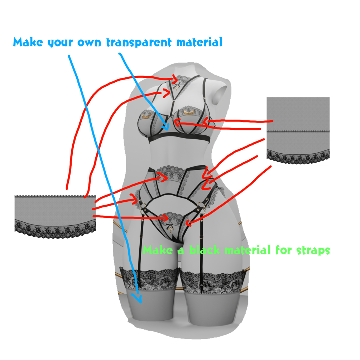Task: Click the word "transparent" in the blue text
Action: [139, 42]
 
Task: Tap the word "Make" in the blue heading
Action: [28, 42]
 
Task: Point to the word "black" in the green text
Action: [204, 250]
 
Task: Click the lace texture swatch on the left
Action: [55, 216]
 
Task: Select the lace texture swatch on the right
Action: [298, 130]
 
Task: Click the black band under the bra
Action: [179, 138]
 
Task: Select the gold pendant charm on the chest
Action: [176, 87]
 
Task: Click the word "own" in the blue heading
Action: [89, 43]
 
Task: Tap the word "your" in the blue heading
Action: [60, 43]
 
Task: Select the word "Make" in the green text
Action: [158, 250]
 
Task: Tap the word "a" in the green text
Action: [181, 251]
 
